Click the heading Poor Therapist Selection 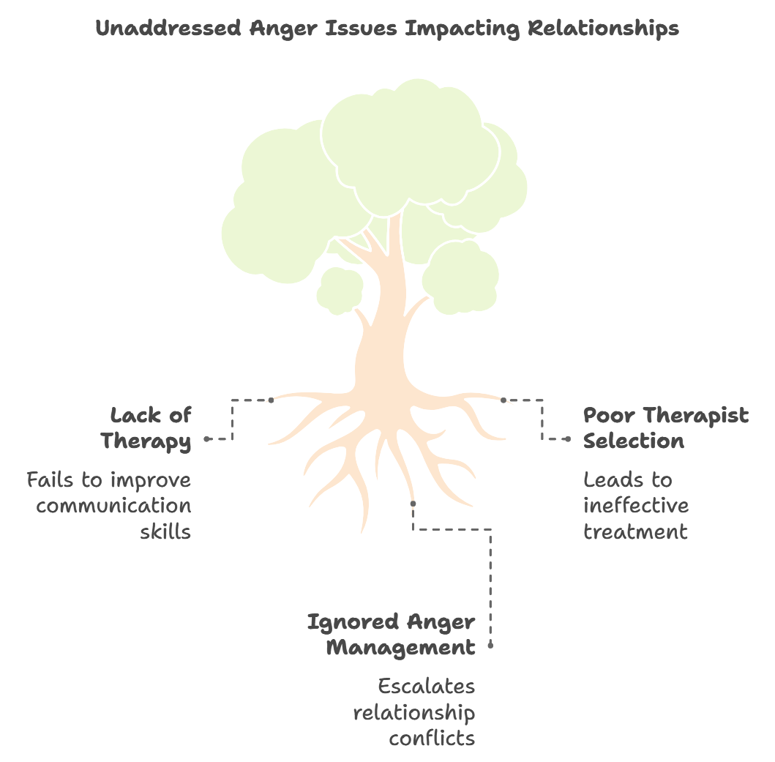(x=665, y=428)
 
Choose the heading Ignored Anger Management (x=392, y=635)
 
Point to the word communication (x=113, y=506)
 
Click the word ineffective (x=635, y=506)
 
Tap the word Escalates (x=427, y=687)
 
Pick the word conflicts (x=432, y=738)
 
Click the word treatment (x=635, y=531)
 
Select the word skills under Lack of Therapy (x=165, y=531)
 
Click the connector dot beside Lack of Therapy (x=208, y=439)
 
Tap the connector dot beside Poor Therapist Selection (x=567, y=439)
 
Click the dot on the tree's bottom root (x=413, y=504)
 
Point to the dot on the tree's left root (x=271, y=400)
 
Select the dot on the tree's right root (x=503, y=400)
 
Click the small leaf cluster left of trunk (x=340, y=291)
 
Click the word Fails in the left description (x=48, y=480)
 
